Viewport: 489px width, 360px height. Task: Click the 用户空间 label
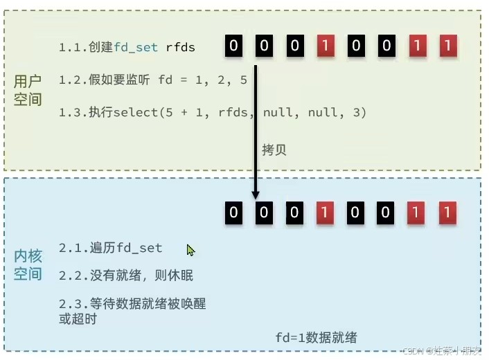point(28,91)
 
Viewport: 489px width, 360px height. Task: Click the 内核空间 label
point(28,265)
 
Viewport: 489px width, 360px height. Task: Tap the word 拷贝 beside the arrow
point(274,150)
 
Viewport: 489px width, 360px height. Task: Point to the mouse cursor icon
point(190,250)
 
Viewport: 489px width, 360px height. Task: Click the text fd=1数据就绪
point(317,337)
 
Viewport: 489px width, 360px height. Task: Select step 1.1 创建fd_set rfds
point(127,47)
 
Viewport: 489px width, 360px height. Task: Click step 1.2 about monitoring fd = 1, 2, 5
point(152,80)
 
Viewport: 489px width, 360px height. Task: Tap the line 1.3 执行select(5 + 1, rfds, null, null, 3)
point(212,111)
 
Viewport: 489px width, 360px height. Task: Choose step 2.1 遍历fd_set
point(111,248)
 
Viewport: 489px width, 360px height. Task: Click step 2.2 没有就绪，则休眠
point(126,276)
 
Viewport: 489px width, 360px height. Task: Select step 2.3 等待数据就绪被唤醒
point(132,304)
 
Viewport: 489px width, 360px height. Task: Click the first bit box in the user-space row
point(233,46)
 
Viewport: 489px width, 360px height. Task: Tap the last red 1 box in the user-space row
point(448,46)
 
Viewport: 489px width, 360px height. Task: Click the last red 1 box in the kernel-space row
point(448,212)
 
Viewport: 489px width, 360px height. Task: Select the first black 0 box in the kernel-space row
point(233,212)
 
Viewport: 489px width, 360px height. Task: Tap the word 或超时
point(78,319)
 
